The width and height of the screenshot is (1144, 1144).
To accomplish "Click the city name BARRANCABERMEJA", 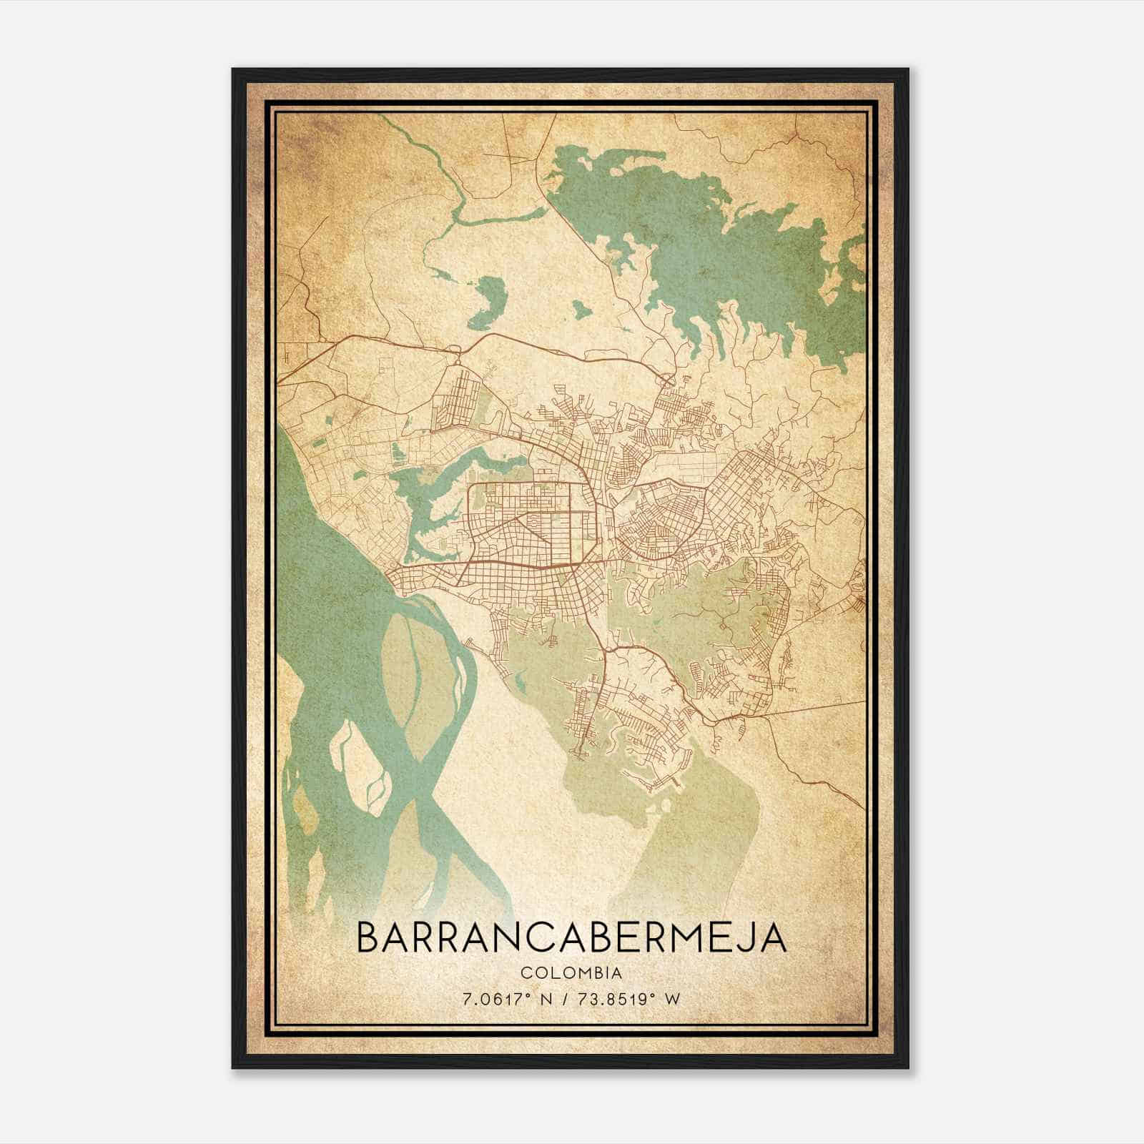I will click(x=571, y=937).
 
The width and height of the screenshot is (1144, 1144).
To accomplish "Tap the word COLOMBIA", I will click(x=571, y=973).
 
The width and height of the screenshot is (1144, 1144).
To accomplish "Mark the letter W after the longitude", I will click(x=671, y=999).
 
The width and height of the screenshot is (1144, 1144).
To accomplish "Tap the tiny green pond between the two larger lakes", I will click(x=579, y=309).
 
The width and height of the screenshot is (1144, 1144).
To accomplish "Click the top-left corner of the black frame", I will click(x=234, y=70).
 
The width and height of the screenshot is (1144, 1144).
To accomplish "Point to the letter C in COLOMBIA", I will click(x=526, y=973).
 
